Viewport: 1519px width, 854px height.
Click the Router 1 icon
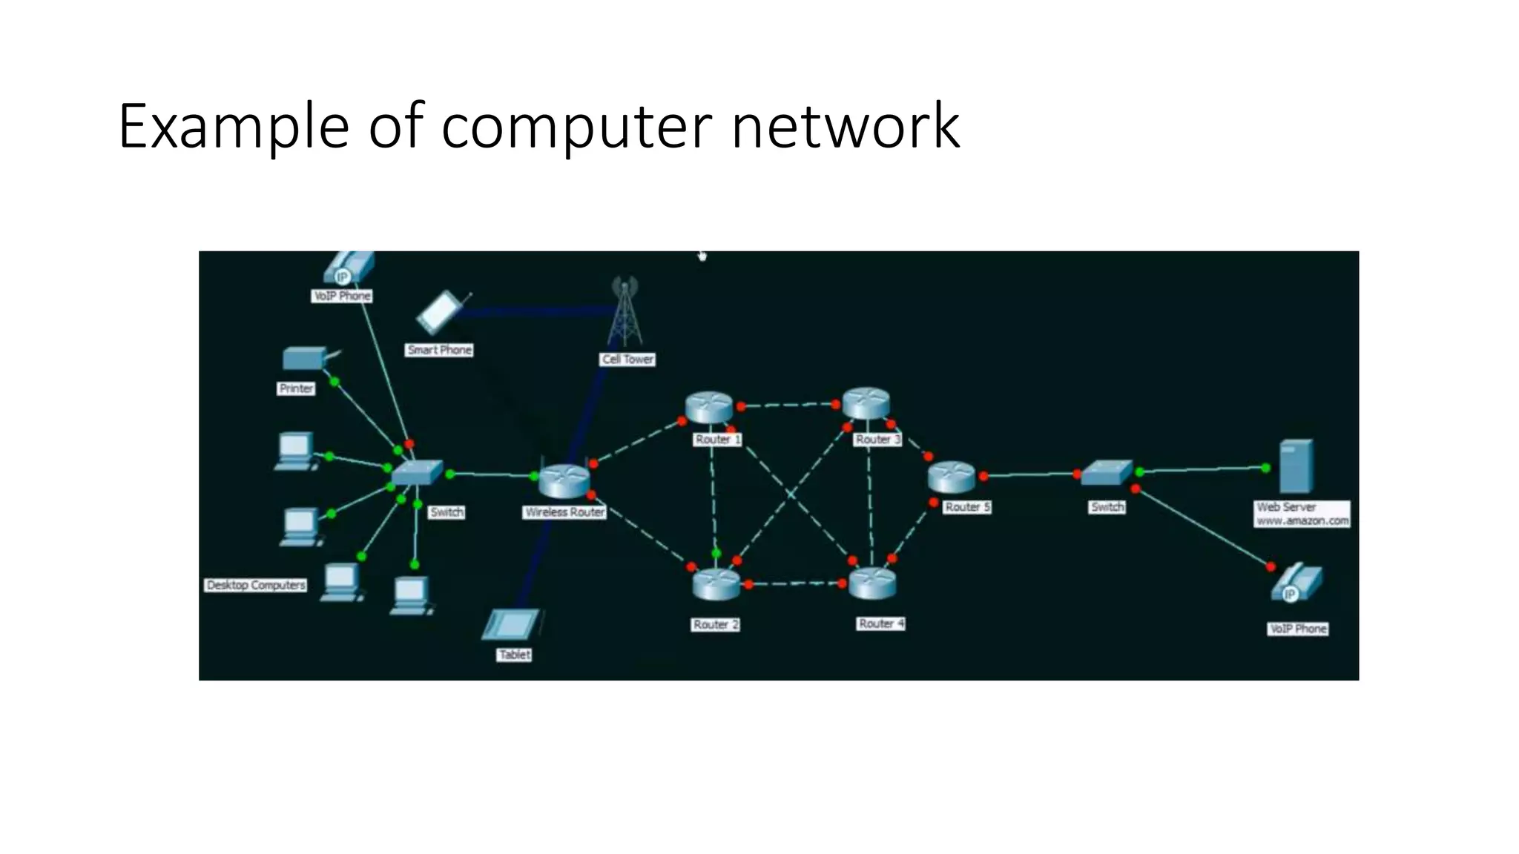(x=709, y=407)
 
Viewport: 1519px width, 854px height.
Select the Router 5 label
(x=967, y=507)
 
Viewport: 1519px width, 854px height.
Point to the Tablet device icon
(x=512, y=624)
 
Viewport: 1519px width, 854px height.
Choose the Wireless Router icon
(x=564, y=481)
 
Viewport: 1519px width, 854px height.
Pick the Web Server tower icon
(x=1296, y=466)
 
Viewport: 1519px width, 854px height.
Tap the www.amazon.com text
(x=1302, y=520)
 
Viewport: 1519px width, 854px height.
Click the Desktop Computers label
(x=256, y=585)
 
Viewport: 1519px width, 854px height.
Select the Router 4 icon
(x=872, y=583)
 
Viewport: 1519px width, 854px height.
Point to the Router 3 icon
(x=866, y=403)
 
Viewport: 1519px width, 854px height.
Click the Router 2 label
(x=716, y=624)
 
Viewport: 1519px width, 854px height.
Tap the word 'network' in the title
(x=845, y=127)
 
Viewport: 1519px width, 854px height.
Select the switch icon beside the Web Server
(x=1106, y=473)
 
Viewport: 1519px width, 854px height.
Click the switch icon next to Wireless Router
(x=417, y=472)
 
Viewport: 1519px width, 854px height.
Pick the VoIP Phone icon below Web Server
(x=1296, y=583)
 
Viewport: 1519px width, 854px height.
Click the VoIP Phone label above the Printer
(x=342, y=296)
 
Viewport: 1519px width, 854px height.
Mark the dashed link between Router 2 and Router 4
(x=795, y=584)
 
